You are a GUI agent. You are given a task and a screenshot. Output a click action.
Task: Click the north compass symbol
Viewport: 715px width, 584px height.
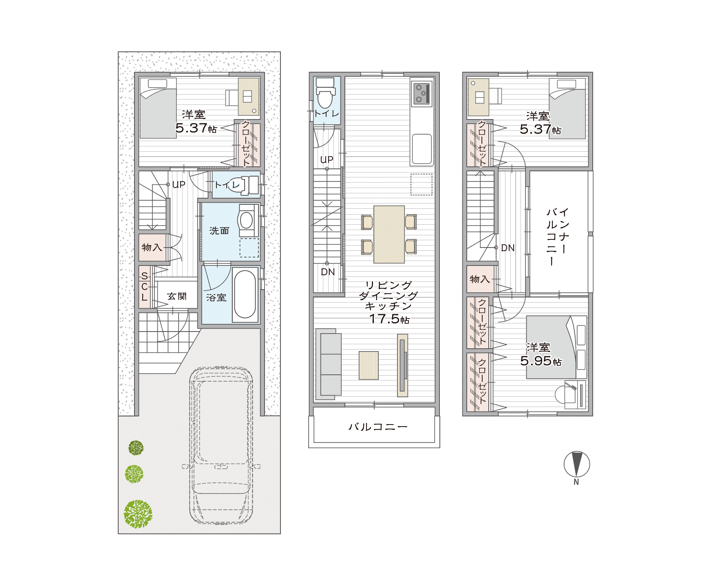coord(576,465)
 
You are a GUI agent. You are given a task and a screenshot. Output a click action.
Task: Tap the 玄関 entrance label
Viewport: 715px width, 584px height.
coord(177,296)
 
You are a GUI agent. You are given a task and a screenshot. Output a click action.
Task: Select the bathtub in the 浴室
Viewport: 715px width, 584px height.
coord(245,294)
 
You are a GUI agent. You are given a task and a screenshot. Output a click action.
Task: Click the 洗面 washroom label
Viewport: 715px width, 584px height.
coord(219,231)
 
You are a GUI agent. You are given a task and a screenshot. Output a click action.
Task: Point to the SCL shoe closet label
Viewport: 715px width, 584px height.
coord(144,287)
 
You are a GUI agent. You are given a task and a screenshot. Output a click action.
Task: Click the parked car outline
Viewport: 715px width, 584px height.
coord(221,446)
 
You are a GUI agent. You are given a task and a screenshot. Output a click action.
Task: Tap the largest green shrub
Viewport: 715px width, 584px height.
coord(138,514)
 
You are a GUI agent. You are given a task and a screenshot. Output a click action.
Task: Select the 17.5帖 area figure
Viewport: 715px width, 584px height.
coord(389,319)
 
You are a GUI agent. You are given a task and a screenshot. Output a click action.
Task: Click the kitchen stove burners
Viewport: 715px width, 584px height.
coord(421,93)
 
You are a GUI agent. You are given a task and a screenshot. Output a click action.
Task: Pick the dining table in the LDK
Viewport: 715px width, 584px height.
coord(389,234)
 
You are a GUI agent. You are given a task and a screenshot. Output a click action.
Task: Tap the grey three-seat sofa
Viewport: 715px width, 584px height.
coord(328,364)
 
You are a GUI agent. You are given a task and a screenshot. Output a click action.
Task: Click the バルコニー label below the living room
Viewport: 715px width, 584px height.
coord(378,427)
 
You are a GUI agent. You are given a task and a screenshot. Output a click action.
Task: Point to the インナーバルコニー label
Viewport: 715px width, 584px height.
coord(557,237)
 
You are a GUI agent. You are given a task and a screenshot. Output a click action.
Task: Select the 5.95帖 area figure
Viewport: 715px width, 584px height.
coord(541,361)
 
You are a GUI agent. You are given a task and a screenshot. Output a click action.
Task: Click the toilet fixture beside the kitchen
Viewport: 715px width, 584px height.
coord(325,93)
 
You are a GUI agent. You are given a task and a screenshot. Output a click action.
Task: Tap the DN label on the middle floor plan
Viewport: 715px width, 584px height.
coord(328,272)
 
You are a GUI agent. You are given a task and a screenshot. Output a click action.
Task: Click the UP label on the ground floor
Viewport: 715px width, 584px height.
coord(179,185)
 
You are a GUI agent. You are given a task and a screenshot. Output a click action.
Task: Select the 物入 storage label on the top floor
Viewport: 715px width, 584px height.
coord(480,279)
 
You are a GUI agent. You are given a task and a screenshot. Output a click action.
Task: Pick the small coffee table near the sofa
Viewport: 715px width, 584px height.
coord(369,365)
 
